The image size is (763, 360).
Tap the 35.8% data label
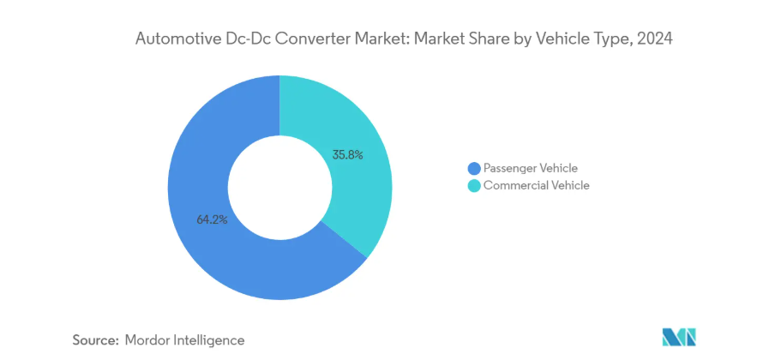point(347,155)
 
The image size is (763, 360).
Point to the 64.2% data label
point(212,219)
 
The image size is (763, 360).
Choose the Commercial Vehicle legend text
point(537,185)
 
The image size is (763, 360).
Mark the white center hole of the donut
point(279,188)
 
